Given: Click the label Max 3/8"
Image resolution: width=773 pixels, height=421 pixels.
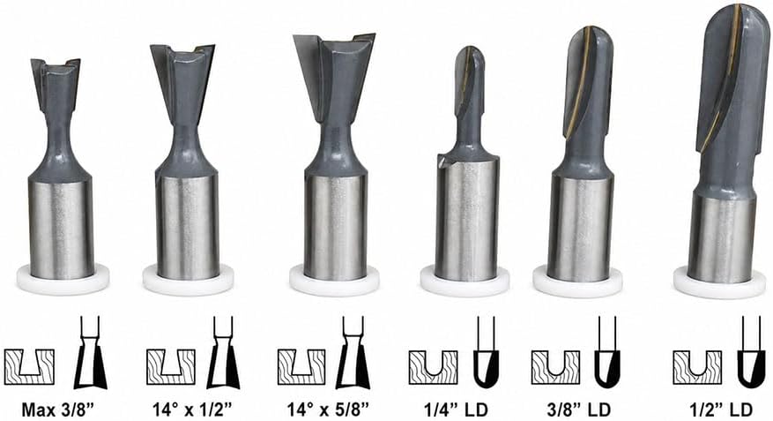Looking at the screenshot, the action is (x=57, y=410).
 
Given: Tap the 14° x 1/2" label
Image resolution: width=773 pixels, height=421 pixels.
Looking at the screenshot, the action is (x=192, y=410).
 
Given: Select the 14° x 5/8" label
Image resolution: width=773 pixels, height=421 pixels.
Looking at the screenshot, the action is (x=329, y=410).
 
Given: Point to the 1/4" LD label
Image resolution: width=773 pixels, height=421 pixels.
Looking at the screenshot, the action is (x=456, y=410).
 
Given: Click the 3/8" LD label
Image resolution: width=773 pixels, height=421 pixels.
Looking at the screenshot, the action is (x=579, y=410).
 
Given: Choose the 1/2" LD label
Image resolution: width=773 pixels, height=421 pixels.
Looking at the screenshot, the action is (x=721, y=410).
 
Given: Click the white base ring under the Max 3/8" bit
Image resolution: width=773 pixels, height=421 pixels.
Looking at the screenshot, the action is (x=63, y=280).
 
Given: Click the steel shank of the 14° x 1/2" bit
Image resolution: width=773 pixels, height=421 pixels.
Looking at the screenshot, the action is (x=188, y=227).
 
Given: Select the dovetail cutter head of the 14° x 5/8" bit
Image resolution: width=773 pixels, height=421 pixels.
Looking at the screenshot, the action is (x=335, y=79).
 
